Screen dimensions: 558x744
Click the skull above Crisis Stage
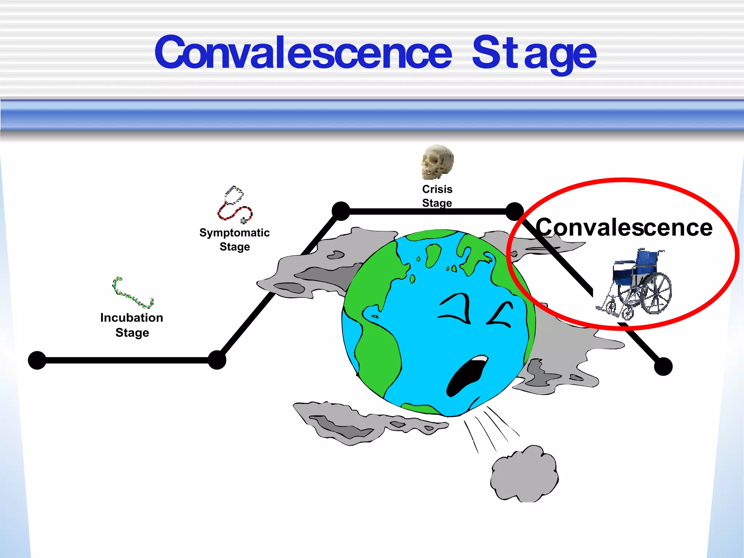[x=437, y=162]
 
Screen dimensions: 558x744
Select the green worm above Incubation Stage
[x=132, y=293]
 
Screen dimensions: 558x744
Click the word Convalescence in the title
[x=303, y=53]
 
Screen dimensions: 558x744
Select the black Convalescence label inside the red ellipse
[x=624, y=228]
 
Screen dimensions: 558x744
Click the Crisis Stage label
[x=437, y=196]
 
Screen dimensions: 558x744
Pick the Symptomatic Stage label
[x=235, y=240]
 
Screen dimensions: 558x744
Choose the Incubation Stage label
[x=132, y=325]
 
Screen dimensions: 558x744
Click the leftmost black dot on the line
[x=37, y=360]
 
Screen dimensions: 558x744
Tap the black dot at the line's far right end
[x=663, y=366]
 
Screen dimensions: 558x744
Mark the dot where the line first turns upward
[x=217, y=360]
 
